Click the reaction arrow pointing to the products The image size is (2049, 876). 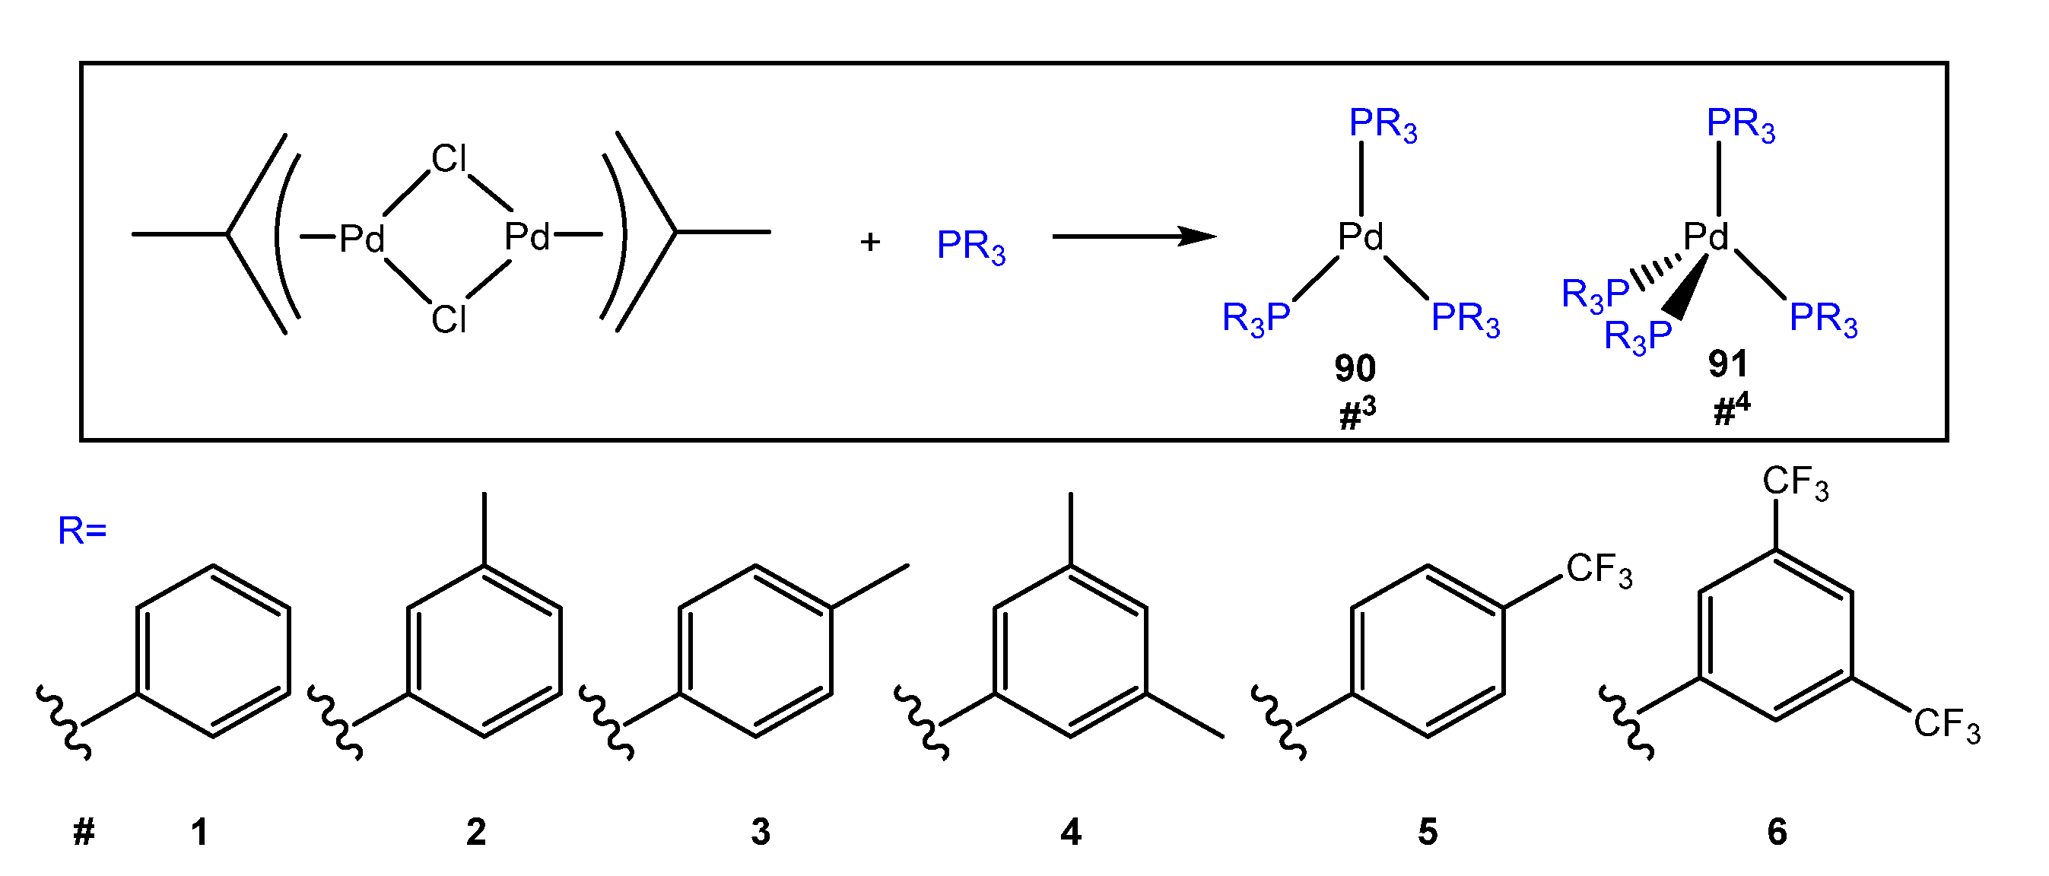pyautogui.click(x=1133, y=236)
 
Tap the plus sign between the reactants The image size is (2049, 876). pyautogui.click(x=870, y=241)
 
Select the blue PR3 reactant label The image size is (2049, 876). pyautogui.click(x=970, y=246)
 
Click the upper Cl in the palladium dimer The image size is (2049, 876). pyautogui.click(x=449, y=159)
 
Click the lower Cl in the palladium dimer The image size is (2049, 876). pyautogui.click(x=449, y=319)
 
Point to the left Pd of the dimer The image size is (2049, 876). pyautogui.click(x=362, y=238)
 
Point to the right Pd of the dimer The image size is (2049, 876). pyautogui.click(x=527, y=236)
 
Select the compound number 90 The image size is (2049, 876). pyautogui.click(x=1355, y=368)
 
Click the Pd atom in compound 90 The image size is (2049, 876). pyautogui.click(x=1361, y=236)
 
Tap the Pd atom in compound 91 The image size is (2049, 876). pyautogui.click(x=1707, y=236)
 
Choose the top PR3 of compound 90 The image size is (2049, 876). pyautogui.click(x=1383, y=124)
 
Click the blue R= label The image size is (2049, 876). pyautogui.click(x=82, y=530)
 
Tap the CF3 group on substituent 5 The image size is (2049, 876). pyautogui.click(x=1599, y=570)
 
